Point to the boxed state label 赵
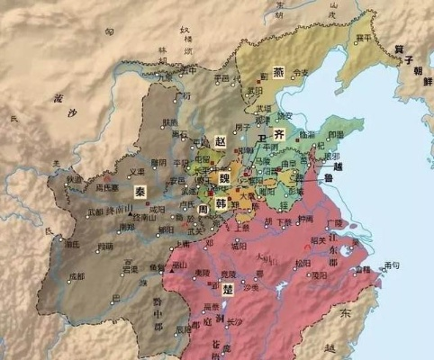pos(220,141)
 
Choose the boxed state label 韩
pos(221,204)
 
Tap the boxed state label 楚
pos(216,290)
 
